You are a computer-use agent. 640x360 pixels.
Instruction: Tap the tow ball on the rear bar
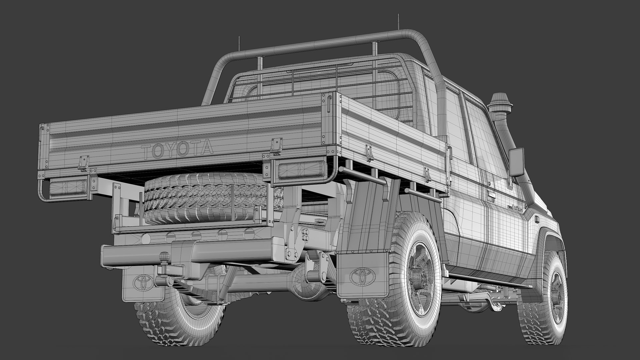tap(164, 257)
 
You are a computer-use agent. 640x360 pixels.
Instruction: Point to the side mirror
tap(516, 162)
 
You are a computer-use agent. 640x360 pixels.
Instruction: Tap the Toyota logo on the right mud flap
tap(362, 275)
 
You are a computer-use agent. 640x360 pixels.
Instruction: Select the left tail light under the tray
tap(68, 188)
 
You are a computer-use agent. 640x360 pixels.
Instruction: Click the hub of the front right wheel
tap(556, 294)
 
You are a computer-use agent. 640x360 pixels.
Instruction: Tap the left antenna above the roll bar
tap(239, 44)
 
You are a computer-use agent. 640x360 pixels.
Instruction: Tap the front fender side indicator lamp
tap(536, 219)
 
